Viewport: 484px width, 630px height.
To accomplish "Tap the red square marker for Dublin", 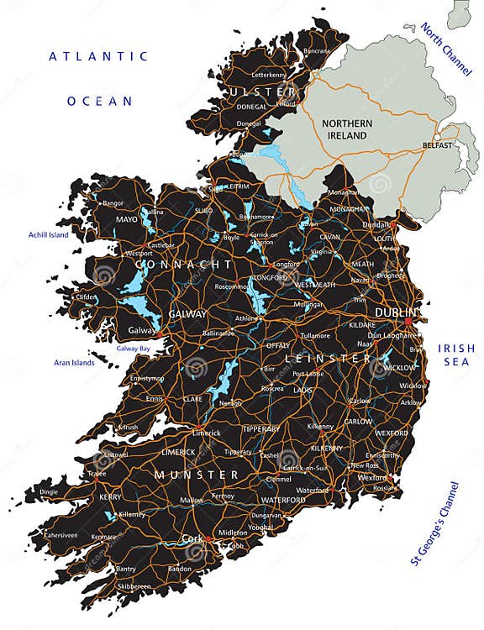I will (408, 321).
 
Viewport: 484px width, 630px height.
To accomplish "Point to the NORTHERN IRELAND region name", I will (345, 129).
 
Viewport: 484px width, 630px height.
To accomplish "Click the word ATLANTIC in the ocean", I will (98, 56).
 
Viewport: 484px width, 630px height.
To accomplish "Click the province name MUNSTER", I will (196, 475).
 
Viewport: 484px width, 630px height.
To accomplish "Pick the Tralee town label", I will (99, 474).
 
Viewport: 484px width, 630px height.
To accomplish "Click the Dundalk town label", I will (376, 224).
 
